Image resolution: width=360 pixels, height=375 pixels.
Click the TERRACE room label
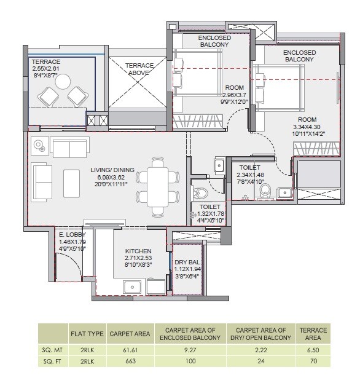coord(46,62)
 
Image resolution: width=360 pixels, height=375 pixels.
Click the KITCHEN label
coord(138,251)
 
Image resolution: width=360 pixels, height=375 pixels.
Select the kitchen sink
coord(132,286)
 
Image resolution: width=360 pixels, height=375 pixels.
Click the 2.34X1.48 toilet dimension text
coord(249,175)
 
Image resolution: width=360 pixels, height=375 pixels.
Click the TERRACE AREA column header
coord(313,334)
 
